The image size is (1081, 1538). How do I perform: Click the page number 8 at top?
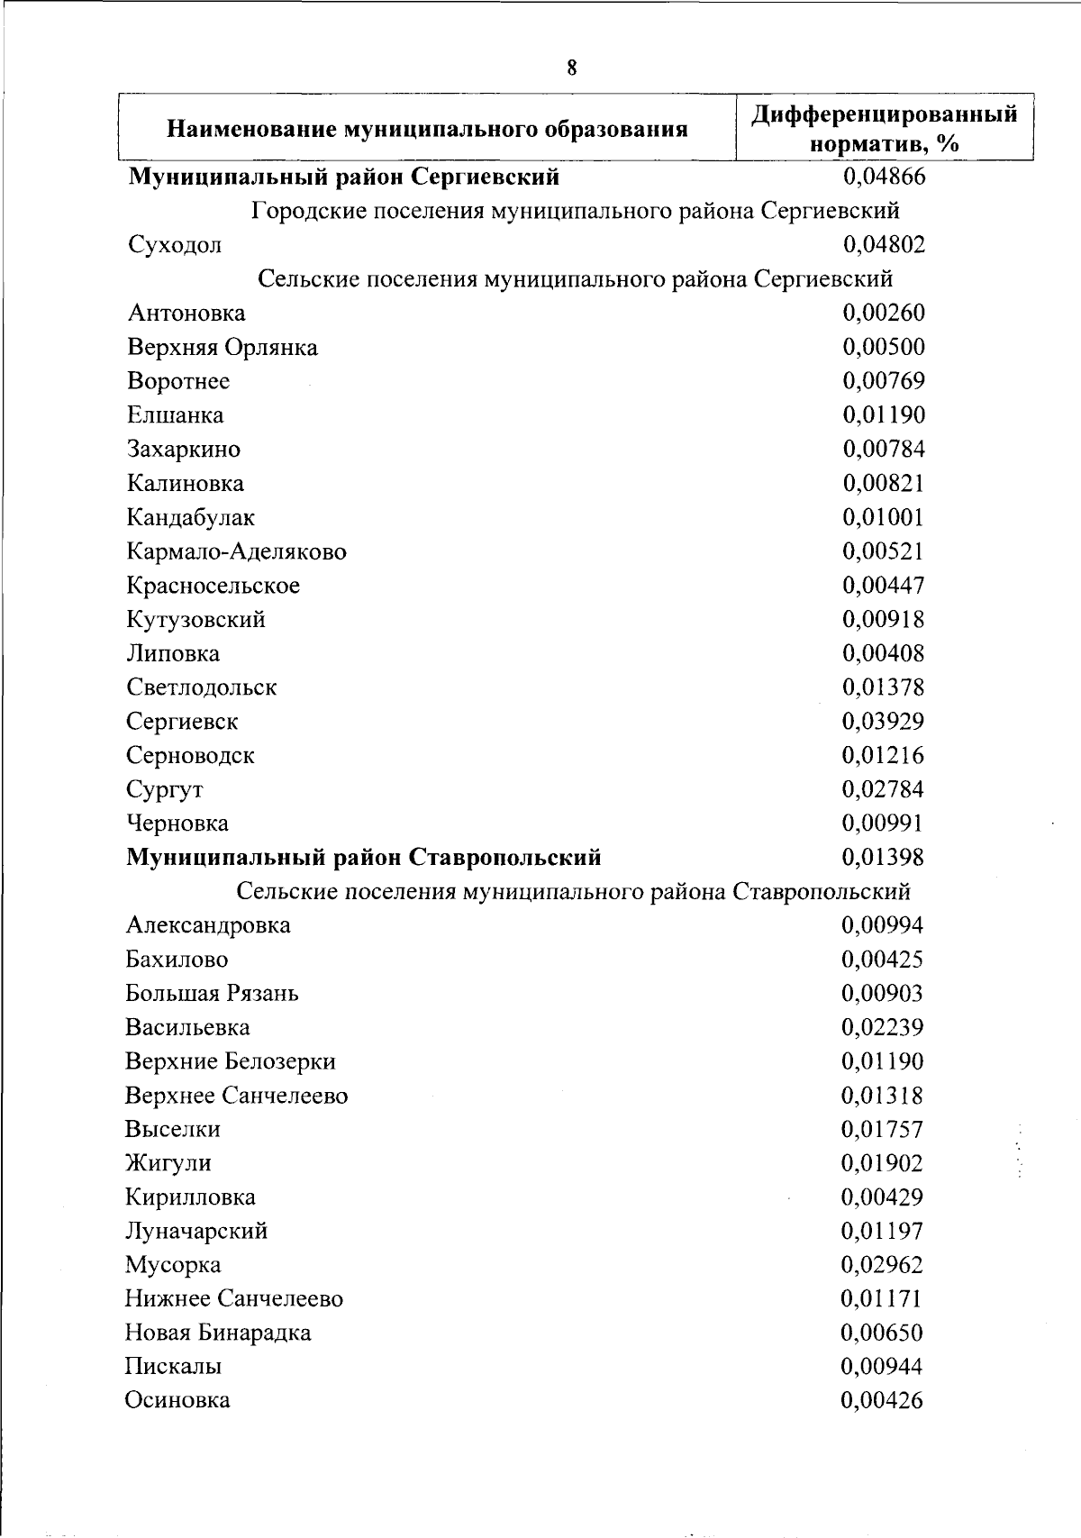point(571,68)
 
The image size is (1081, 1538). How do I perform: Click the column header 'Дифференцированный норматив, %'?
point(884,129)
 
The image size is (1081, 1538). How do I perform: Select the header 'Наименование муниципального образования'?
point(428,130)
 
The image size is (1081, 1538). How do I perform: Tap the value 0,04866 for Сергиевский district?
point(884,177)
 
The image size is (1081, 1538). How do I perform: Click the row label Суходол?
point(175,245)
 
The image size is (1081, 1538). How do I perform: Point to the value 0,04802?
point(884,245)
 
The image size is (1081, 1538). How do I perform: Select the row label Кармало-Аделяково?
point(237,551)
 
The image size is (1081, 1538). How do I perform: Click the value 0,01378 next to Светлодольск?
point(883,687)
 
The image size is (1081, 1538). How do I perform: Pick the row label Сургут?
point(165,789)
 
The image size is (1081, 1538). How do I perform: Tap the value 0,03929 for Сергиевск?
point(883,722)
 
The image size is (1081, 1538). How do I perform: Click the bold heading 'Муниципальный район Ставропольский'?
point(364,857)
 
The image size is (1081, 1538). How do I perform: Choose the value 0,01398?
point(883,857)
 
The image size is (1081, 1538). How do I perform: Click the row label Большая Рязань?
point(213,993)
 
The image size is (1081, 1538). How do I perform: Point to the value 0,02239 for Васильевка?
point(882,1027)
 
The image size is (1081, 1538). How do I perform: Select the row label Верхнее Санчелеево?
point(237,1096)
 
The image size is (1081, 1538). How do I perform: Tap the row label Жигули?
point(168,1163)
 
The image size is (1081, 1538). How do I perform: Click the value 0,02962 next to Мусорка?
point(882,1265)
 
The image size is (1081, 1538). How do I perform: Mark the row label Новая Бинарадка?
point(218,1333)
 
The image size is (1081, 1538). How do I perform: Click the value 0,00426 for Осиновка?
point(882,1400)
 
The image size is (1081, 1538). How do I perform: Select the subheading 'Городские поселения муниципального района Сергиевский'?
point(575,211)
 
